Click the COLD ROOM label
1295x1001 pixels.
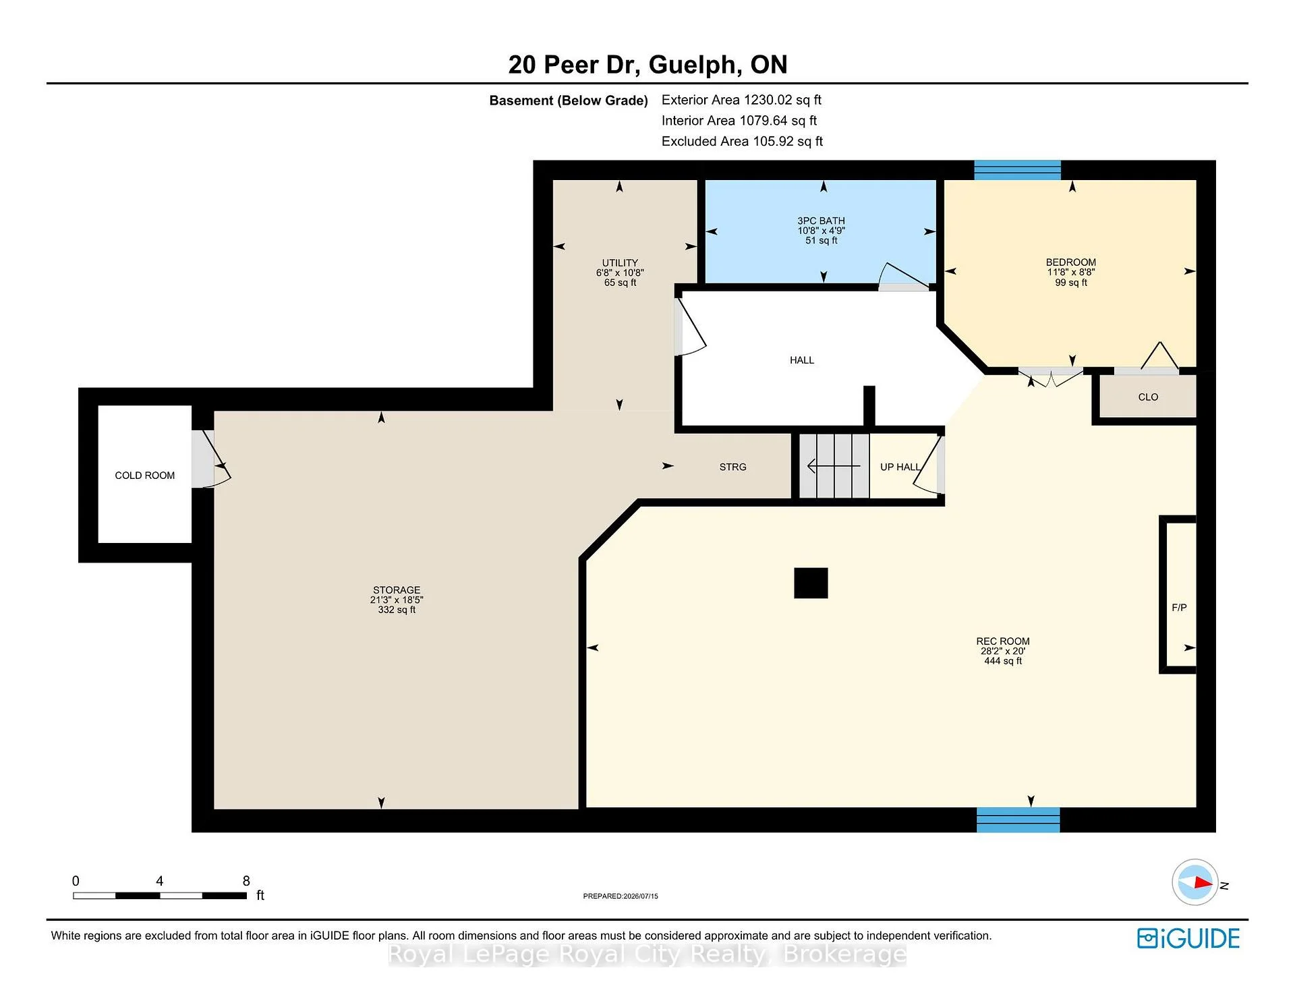144,476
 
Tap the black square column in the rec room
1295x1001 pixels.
811,583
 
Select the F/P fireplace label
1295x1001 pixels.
1179,608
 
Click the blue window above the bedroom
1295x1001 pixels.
1017,170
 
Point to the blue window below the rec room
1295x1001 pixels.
1018,820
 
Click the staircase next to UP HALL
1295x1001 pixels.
834,466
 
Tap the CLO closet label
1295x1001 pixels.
1148,397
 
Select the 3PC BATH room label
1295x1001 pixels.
821,221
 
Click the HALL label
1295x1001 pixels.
802,360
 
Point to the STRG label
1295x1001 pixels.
732,467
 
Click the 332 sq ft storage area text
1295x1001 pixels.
397,610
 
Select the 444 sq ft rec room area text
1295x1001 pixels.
1003,661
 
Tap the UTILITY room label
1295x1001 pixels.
620,263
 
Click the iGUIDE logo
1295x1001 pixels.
1188,938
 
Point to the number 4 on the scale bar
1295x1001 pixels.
159,881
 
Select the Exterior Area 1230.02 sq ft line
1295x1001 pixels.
741,100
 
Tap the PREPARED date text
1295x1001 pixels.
621,896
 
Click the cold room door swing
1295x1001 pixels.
217,459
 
